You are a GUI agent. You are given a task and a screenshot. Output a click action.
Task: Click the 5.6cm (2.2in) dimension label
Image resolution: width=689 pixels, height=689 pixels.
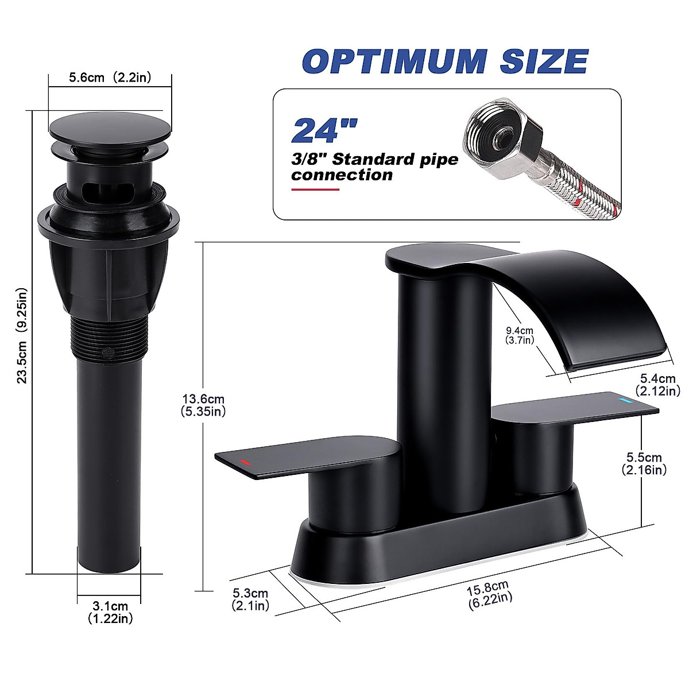point(110,78)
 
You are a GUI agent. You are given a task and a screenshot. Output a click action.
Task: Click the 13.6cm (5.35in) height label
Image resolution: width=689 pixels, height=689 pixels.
point(203,405)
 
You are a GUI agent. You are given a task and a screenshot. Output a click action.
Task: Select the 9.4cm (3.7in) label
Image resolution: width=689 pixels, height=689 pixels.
point(520,335)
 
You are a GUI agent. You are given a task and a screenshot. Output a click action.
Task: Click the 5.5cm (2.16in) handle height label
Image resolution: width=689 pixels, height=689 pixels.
point(644,463)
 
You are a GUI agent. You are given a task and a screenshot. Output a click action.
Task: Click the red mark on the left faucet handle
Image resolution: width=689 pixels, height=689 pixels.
point(245,462)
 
